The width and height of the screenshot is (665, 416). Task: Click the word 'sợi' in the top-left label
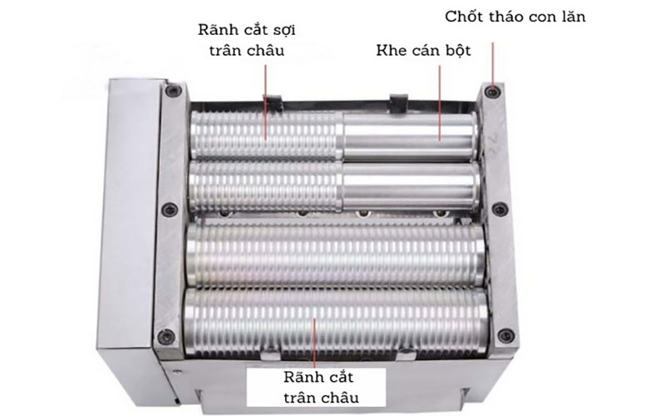tap(282, 31)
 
